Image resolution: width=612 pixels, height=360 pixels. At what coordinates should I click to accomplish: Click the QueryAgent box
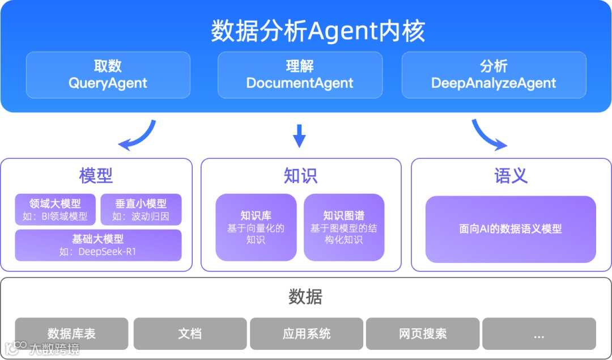(108, 75)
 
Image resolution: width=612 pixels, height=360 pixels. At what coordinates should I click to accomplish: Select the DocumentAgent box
(300, 75)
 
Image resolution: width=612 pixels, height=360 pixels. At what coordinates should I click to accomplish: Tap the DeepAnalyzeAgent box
(494, 75)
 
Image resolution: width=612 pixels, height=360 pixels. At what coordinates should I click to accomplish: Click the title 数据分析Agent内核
(318, 31)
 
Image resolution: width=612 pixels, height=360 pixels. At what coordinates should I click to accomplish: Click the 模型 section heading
(96, 176)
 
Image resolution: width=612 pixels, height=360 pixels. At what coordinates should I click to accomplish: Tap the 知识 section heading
(300, 176)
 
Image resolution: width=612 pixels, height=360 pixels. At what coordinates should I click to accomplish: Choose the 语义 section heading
(511, 176)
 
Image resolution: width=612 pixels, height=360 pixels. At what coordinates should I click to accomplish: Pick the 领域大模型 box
(56, 210)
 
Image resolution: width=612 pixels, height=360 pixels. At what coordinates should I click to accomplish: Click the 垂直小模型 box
(141, 210)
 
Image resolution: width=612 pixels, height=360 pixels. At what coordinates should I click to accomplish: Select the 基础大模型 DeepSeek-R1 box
(98, 245)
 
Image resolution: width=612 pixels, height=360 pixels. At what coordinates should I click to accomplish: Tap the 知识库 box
(256, 227)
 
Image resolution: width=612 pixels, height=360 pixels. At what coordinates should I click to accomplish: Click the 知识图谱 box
(343, 227)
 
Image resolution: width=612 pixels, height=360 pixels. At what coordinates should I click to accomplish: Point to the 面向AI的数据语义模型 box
(510, 229)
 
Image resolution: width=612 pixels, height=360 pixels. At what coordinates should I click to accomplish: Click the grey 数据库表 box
(71, 333)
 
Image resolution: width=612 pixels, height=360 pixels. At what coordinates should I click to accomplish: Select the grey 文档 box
(190, 333)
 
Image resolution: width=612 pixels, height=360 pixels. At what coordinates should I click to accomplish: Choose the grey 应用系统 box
(306, 333)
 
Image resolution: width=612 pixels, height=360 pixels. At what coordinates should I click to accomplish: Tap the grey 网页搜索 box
(423, 333)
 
